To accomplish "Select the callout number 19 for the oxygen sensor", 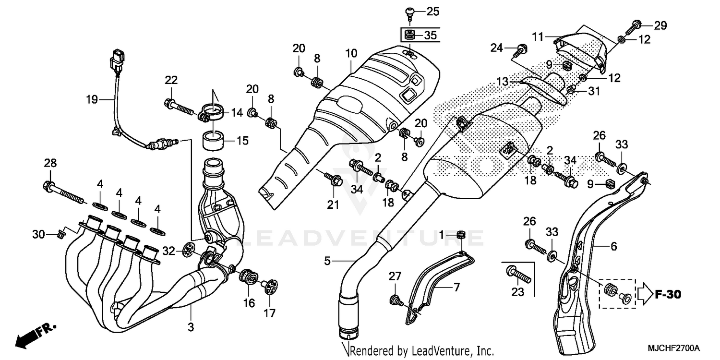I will (x=92, y=100).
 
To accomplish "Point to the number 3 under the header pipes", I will (x=191, y=328).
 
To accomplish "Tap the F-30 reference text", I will (x=668, y=294).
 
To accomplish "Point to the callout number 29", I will (x=660, y=26).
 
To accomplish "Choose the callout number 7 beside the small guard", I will (x=456, y=288).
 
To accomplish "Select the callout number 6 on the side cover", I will (x=613, y=247).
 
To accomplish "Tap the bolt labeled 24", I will (x=521, y=48).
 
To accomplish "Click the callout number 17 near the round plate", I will (x=269, y=313).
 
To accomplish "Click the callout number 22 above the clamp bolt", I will (x=171, y=80).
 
